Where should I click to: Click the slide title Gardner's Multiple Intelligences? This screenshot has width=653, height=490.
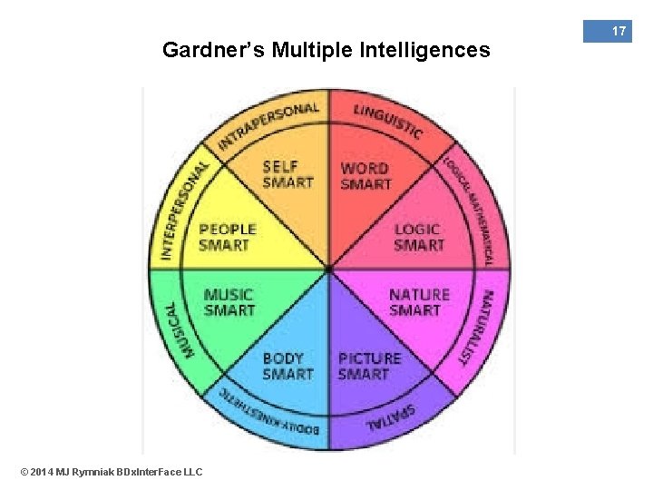(326, 50)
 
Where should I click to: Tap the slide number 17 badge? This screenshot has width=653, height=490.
(619, 32)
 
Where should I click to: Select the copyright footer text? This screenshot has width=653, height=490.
(111, 471)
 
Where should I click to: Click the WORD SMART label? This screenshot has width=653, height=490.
(365, 176)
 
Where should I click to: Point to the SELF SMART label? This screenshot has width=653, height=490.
(288, 174)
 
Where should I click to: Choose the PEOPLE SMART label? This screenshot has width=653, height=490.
(228, 238)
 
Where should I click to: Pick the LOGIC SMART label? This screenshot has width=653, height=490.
(418, 238)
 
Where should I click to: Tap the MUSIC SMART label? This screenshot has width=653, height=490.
(229, 302)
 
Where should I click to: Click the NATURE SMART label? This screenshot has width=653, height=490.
(418, 302)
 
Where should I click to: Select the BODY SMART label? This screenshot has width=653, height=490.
(288, 366)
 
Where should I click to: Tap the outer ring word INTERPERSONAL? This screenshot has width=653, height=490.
(181, 211)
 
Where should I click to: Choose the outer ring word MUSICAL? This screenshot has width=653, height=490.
(178, 328)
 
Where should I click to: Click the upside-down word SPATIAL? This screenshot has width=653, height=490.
(391, 417)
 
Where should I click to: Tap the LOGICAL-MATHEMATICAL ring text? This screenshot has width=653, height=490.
(471, 211)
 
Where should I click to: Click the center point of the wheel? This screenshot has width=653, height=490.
(328, 269)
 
